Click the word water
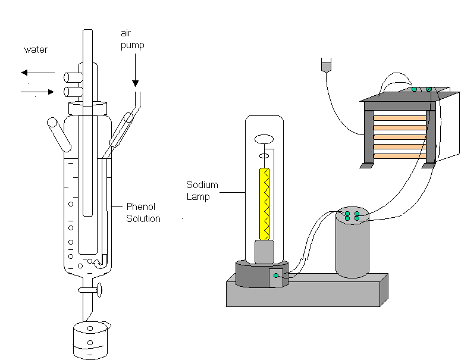coord(36,50)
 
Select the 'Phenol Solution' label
coord(143,212)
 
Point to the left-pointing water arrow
coord(37,73)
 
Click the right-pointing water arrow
coord(37,91)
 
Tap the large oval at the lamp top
coord(264,139)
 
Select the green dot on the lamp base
coord(275,276)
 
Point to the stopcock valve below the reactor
coord(91,290)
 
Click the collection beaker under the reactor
coord(90,341)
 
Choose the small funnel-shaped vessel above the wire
coord(325,65)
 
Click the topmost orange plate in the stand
coord(400,118)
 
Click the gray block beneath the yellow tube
coord(264,252)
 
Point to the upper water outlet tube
coord(72,77)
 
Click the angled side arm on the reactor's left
coord(57,131)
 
